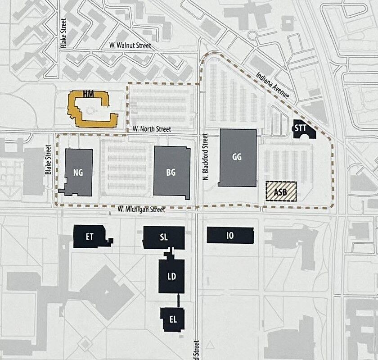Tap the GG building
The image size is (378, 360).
(x=237, y=157)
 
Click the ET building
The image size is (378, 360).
(x=90, y=236)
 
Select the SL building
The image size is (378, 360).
(x=164, y=237)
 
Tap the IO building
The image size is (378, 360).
(x=230, y=235)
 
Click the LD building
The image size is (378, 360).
(x=171, y=276)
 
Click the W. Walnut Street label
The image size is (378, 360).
(x=130, y=46)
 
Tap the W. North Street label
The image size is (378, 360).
(x=152, y=129)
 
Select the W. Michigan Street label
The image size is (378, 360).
(x=141, y=209)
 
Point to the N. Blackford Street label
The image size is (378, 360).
(x=205, y=156)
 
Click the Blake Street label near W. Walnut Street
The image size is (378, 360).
(x=64, y=33)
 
